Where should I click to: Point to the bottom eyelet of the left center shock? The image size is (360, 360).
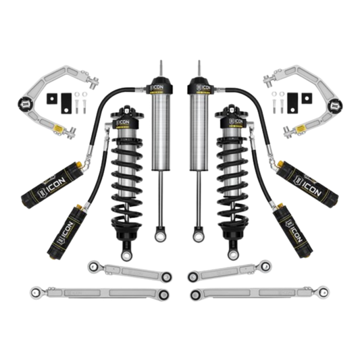[161, 236]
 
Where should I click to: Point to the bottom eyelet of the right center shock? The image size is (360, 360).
[199, 236]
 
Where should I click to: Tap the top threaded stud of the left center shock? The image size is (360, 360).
[161, 68]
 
